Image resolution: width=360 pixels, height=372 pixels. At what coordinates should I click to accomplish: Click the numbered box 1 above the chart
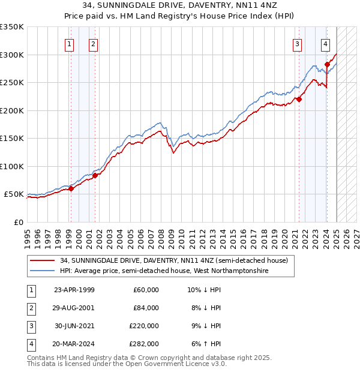[70, 43]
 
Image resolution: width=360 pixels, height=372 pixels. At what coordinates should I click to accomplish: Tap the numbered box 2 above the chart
[94, 43]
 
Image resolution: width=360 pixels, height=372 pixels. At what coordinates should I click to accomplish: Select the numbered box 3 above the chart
[298, 43]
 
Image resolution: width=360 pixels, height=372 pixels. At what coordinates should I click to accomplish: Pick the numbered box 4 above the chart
[325, 43]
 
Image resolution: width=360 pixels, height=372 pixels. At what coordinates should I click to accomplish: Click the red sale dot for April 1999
[71, 188]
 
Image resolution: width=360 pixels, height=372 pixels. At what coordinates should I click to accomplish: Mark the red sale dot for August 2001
[95, 175]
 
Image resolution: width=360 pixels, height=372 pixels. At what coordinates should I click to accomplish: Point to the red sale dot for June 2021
[299, 100]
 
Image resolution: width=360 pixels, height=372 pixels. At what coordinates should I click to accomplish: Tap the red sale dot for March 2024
[327, 65]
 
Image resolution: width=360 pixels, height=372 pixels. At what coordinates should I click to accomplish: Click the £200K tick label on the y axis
[12, 110]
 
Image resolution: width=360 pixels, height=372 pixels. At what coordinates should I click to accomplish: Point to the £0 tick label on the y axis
[18, 222]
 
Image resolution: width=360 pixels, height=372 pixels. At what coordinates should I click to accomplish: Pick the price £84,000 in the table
[146, 308]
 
